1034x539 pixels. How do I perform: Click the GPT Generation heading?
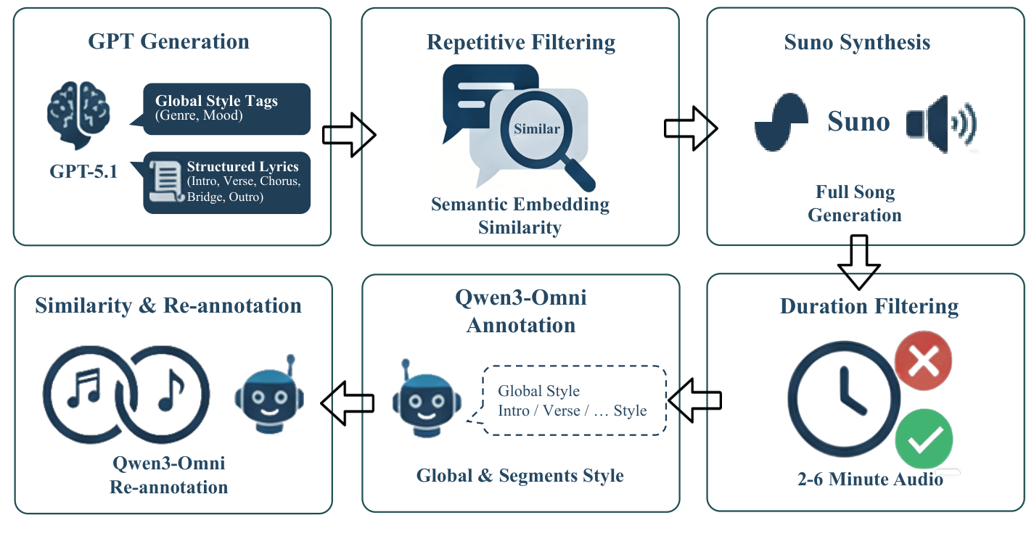pos(168,41)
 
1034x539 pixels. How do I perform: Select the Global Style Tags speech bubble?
pos(226,108)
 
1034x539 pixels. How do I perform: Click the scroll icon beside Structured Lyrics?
pos(165,181)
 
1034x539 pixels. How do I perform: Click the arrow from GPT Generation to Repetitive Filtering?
pos(348,133)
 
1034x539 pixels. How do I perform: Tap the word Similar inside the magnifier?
pos(537,129)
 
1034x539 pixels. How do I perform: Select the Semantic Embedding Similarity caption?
pos(520,215)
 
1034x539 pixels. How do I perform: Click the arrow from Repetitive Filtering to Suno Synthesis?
pos(690,128)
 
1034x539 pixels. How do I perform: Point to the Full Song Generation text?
pos(855,204)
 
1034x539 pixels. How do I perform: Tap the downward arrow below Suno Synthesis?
pos(859,260)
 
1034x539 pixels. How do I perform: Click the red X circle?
pos(923,361)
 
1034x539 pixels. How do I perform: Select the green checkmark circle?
pos(923,439)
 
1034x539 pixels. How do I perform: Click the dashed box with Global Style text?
pos(574,400)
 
